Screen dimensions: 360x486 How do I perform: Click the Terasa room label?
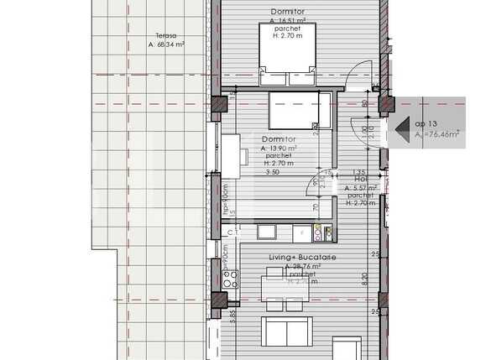point(154,35)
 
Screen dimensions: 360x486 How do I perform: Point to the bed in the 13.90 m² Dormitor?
point(295,108)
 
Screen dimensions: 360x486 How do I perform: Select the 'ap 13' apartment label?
point(426,123)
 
